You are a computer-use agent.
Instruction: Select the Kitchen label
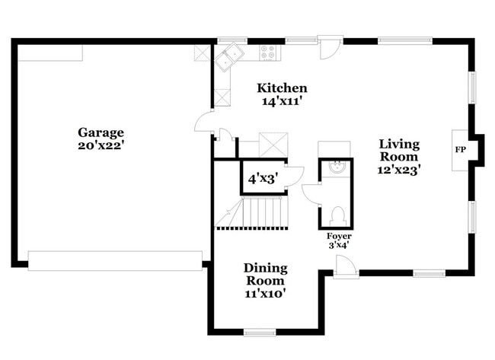click(282, 88)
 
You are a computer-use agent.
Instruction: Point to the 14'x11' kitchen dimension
click(282, 100)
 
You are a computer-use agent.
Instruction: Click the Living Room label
click(399, 151)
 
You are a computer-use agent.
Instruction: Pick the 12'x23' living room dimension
click(399, 170)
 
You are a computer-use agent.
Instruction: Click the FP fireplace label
click(460, 150)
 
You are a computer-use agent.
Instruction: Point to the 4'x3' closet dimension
click(262, 180)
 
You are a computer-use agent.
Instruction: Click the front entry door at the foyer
click(344, 266)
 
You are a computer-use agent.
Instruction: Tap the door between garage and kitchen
click(203, 124)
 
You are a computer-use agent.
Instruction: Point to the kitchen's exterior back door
click(327, 49)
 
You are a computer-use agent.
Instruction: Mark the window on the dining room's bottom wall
click(259, 332)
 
